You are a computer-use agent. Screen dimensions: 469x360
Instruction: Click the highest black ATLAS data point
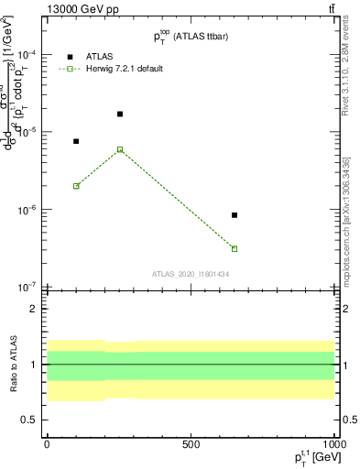tap(120, 114)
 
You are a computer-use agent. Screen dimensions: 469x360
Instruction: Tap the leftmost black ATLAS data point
tap(76, 141)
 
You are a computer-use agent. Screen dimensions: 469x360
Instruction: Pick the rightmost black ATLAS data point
tap(235, 215)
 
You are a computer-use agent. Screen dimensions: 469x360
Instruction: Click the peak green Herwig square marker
tap(120, 149)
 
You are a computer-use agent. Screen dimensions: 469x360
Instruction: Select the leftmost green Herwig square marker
tap(76, 186)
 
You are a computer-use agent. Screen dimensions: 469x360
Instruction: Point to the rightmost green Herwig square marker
tap(235, 248)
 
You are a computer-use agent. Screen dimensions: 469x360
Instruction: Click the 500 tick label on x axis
tap(190, 443)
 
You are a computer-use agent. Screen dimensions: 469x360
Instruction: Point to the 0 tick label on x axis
tap(47, 443)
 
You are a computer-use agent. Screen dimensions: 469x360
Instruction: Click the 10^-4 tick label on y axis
tap(26, 54)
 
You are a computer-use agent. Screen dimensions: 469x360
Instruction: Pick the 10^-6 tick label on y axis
tap(26, 210)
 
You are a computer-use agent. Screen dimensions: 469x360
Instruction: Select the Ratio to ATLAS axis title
tap(11, 364)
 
